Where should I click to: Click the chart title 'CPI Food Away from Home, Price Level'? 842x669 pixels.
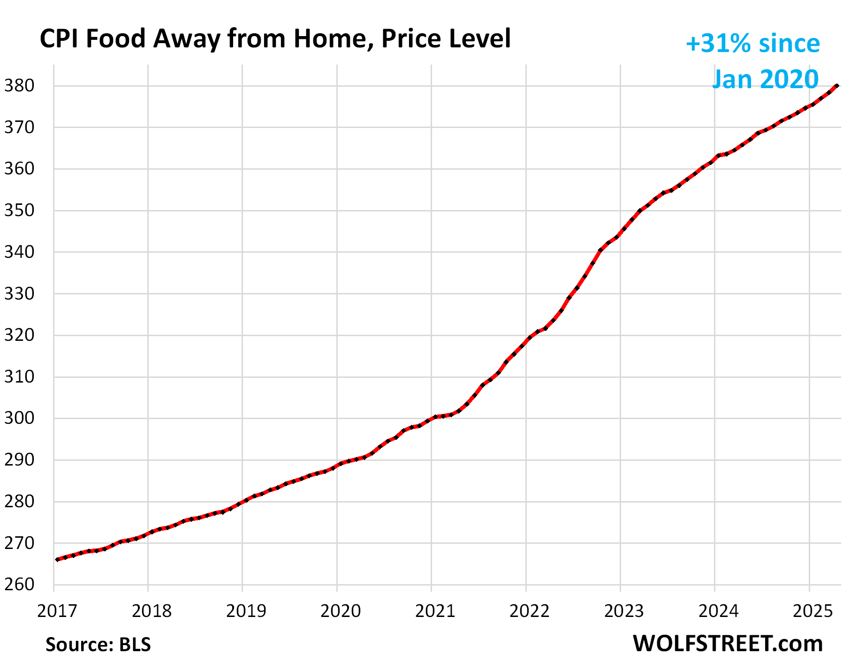point(275,38)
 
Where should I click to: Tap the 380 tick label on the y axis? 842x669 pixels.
point(19,86)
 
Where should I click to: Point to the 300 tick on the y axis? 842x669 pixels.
point(19,418)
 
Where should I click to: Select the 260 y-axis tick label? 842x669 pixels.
point(19,585)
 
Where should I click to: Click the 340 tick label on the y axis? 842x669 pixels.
point(19,252)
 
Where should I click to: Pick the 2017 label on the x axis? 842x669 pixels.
point(57,611)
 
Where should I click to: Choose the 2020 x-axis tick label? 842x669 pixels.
point(341,611)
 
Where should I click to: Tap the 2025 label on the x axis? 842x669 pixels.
point(812,611)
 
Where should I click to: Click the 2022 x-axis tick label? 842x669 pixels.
point(530,611)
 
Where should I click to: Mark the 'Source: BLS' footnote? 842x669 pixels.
point(98,645)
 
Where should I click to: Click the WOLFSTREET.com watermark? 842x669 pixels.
point(728,643)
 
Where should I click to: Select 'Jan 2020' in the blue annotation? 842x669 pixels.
point(765,79)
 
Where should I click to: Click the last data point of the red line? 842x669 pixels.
point(837,86)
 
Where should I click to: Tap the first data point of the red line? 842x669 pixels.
point(57,559)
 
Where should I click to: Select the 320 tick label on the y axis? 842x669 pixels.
point(19,335)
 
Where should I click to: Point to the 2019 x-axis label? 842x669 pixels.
point(246,611)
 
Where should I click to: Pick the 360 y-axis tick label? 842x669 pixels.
point(19,169)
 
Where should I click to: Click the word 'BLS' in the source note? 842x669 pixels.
point(135,645)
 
